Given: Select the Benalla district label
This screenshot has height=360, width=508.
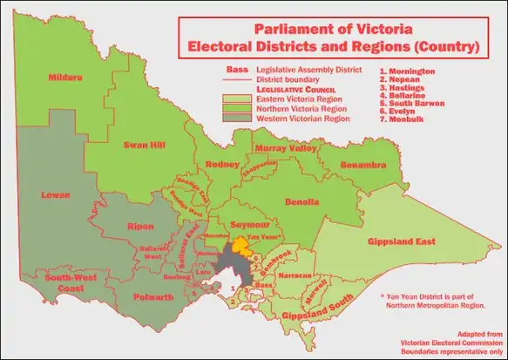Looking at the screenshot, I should (306, 201).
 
